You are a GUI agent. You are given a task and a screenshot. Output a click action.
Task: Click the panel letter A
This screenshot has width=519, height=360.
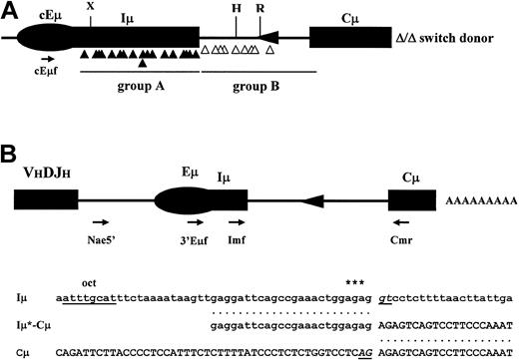pos(11,10)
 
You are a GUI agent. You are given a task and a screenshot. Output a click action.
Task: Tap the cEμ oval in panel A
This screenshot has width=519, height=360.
pos(45,38)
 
